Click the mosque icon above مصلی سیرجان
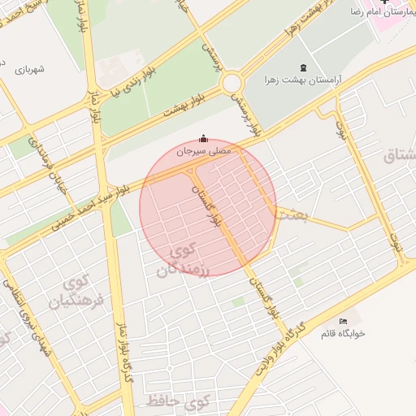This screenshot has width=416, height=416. click(x=203, y=137)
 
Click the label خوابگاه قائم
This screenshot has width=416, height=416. click(x=343, y=334)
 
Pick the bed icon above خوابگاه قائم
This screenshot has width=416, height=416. click(x=343, y=322)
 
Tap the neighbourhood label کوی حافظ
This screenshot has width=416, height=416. click(x=179, y=400)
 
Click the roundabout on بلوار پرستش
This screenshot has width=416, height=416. click(x=233, y=83)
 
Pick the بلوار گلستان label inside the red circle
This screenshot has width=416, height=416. click(x=206, y=204)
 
